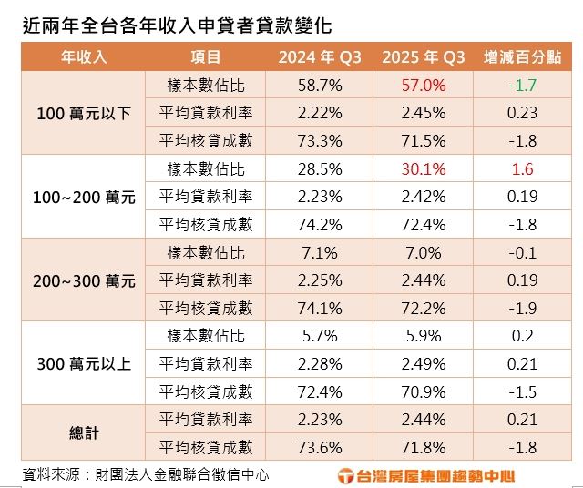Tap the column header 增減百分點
[x=522, y=57]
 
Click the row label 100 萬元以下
[x=84, y=114]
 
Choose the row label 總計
[x=84, y=433]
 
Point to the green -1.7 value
[x=522, y=86]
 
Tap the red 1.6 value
[x=522, y=169]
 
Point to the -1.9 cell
[x=522, y=309]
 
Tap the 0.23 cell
[x=522, y=114]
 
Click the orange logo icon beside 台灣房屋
[x=345, y=475]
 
